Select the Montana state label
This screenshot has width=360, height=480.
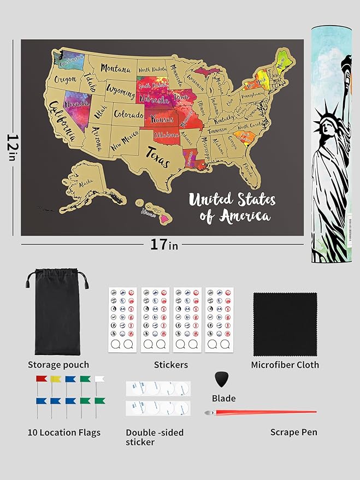click(x=115, y=69)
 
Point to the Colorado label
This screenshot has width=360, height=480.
click(x=129, y=115)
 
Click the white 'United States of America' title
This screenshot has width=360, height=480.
click(x=232, y=208)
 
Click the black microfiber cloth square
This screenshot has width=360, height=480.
click(x=285, y=324)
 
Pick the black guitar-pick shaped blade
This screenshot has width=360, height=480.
click(x=221, y=379)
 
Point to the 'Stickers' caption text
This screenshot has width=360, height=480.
click(x=171, y=365)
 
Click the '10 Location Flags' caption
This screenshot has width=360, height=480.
click(x=64, y=432)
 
